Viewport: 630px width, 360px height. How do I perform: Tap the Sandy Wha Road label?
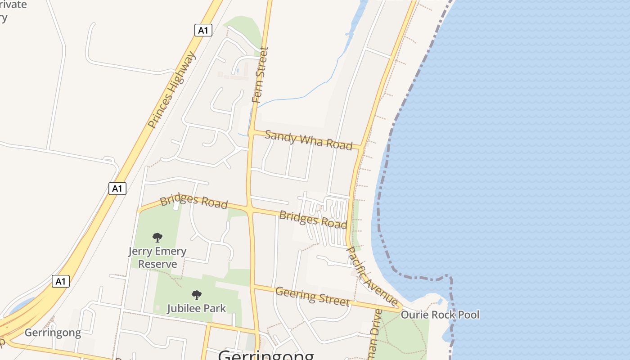click(x=308, y=140)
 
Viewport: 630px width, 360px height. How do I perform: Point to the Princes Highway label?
click(x=172, y=90)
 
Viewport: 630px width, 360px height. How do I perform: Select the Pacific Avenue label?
click(x=372, y=276)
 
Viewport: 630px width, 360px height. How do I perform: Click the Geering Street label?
click(x=312, y=297)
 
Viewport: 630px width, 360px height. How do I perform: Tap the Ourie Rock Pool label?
click(x=440, y=315)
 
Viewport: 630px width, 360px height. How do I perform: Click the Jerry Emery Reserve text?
click(x=157, y=257)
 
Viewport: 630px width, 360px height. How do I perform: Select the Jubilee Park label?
click(x=196, y=308)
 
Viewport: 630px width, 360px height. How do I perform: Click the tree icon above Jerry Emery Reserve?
click(x=157, y=237)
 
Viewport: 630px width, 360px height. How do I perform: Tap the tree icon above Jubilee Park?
click(x=196, y=295)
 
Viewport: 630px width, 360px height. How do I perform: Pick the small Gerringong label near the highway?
click(x=53, y=333)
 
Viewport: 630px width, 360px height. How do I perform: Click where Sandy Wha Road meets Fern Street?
click(x=252, y=132)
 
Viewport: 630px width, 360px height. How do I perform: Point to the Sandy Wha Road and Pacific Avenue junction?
click(x=361, y=147)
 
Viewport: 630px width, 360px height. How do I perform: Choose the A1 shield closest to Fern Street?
click(x=203, y=30)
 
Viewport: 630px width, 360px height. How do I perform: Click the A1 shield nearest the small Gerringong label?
click(x=61, y=282)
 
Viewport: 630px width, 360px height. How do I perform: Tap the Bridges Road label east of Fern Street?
click(x=313, y=219)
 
